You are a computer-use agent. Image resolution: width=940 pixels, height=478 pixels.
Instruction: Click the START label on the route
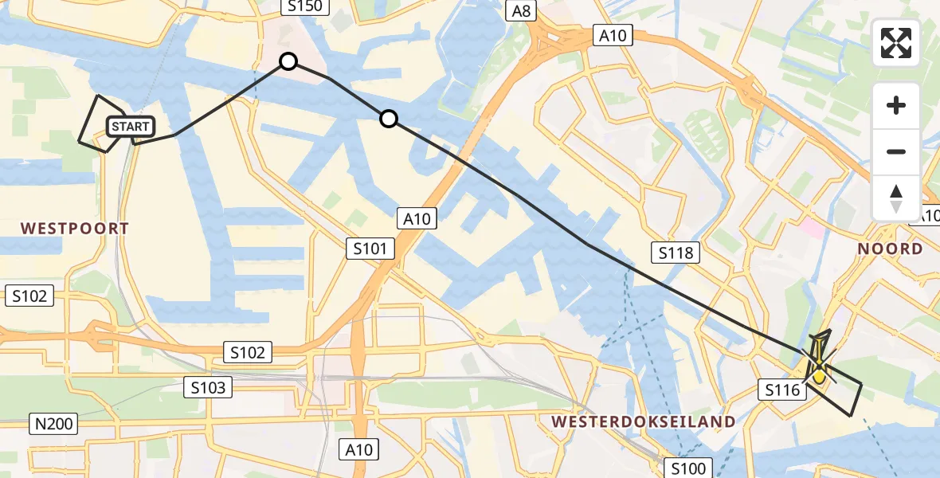[130, 127]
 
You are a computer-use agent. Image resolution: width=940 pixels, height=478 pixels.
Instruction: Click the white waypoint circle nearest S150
[288, 61]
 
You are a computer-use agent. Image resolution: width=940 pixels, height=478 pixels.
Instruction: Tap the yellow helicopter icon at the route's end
[820, 367]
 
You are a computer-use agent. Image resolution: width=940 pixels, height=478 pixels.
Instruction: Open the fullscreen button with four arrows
[896, 43]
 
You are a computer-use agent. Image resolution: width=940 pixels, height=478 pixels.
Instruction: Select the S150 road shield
[304, 7]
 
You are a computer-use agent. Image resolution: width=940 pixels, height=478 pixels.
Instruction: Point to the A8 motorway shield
[522, 10]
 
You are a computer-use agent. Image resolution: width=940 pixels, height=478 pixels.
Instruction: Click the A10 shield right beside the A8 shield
[613, 34]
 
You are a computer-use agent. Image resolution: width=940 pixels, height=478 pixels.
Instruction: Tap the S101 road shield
[371, 249]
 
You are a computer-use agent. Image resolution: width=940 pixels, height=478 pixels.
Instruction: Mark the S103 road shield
[209, 388]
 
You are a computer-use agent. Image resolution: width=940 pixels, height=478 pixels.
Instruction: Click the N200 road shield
[53, 424]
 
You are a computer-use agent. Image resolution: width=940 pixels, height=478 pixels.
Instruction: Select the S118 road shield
[676, 253]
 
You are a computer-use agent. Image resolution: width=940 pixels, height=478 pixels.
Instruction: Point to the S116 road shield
[781, 390]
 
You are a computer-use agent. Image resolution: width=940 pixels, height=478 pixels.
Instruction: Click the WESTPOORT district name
[75, 229]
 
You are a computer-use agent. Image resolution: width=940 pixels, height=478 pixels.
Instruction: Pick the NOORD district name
[890, 249]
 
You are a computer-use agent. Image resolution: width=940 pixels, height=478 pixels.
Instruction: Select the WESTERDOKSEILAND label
[642, 421]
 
